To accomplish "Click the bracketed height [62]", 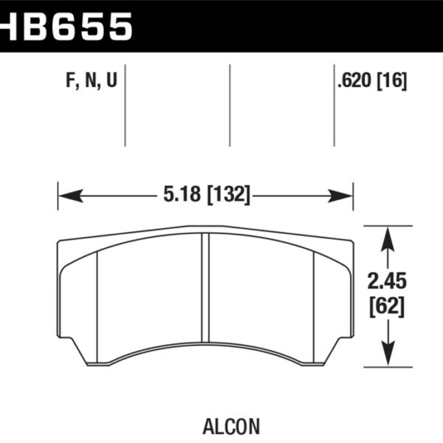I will pos(385,306).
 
